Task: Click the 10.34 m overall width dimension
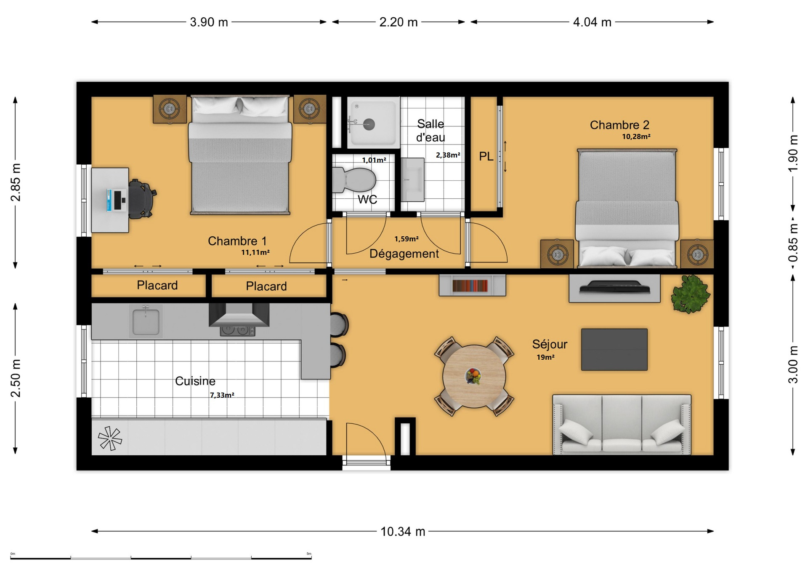click(403, 532)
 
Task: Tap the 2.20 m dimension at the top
click(399, 22)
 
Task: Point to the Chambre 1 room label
click(237, 241)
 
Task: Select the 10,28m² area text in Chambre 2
click(636, 136)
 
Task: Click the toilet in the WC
click(354, 180)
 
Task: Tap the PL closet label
click(486, 156)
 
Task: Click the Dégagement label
click(404, 254)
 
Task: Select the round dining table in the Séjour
click(474, 376)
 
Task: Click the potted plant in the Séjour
click(690, 294)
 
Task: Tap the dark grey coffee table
click(614, 350)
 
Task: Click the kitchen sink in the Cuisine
click(146, 321)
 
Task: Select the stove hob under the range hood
click(238, 331)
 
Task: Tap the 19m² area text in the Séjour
click(545, 357)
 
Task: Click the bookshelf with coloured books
click(472, 285)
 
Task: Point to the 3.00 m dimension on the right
click(793, 364)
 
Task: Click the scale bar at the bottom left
click(161, 557)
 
